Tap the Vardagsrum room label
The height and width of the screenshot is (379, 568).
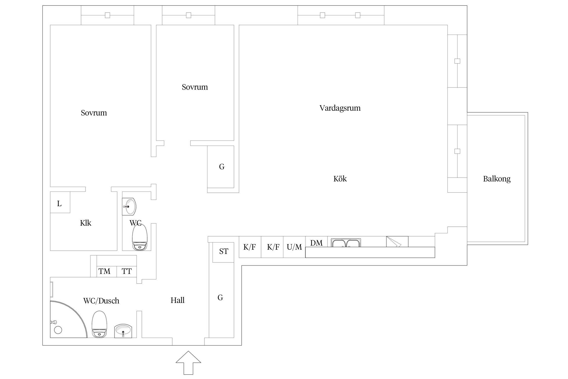340,108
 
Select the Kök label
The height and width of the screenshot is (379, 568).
340,179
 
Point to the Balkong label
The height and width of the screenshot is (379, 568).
497,179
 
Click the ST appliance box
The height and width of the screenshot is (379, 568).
223,252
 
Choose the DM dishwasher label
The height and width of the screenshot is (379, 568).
316,243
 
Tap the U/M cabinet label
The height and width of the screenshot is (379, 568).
294,247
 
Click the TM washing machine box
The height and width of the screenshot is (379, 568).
105,271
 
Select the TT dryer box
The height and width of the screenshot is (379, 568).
126,271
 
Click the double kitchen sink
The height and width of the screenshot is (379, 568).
346,243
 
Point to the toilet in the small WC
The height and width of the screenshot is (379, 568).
140,238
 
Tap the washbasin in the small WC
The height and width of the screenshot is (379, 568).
129,207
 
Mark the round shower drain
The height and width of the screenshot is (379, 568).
58,330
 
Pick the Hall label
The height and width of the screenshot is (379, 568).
177,300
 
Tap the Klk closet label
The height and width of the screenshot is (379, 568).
86,223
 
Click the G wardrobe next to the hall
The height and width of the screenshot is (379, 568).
220,298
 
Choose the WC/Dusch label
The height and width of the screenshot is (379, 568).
101,301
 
